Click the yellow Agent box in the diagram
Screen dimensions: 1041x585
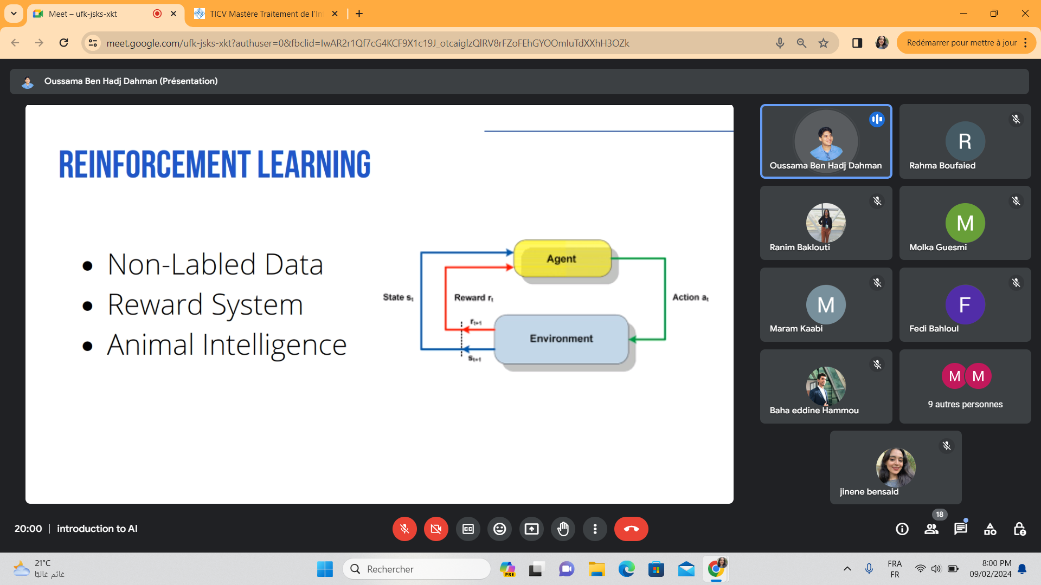[562, 258]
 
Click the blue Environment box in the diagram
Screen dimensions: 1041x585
[561, 339]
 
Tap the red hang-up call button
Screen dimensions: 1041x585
[631, 529]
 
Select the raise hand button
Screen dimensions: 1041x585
[563, 529]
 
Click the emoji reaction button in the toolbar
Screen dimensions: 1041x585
[499, 529]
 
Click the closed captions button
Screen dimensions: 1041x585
[468, 529]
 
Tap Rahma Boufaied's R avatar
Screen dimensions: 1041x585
[965, 141]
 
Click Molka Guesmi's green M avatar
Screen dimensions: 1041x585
[965, 223]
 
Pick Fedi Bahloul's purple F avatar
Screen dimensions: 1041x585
[965, 305]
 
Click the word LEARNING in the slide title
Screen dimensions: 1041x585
[314, 164]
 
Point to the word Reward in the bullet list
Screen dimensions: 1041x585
[155, 304]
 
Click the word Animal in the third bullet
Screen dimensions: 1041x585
[151, 344]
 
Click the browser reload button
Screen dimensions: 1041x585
[63, 43]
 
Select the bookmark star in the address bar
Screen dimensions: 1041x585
[824, 43]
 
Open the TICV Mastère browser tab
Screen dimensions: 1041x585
[266, 14]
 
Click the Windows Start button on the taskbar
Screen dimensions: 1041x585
[325, 569]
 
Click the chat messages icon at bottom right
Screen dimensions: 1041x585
[961, 529]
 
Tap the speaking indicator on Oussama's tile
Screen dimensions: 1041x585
[877, 119]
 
